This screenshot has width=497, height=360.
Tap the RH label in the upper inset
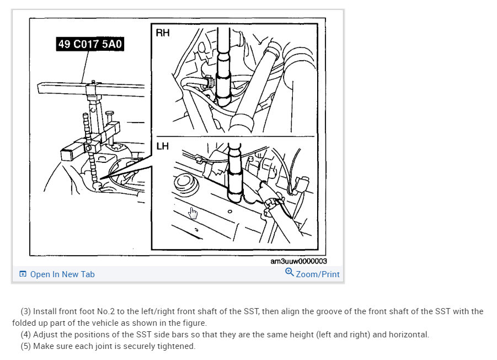[x=163, y=33]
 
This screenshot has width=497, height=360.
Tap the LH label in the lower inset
[x=163, y=146]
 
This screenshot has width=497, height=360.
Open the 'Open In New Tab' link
[x=62, y=274]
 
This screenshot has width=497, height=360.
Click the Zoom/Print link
[x=318, y=274]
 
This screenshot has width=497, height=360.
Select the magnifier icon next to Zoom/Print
[x=290, y=272]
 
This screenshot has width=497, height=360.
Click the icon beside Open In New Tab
[x=23, y=274]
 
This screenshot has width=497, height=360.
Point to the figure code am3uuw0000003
[x=298, y=262]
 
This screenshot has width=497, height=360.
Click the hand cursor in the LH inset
[x=192, y=213]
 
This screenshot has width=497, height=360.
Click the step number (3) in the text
[x=25, y=311]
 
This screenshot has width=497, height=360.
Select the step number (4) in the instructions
[x=25, y=335]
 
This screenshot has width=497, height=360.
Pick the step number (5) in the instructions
[x=25, y=347]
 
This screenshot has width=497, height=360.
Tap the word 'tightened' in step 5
[x=177, y=347]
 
